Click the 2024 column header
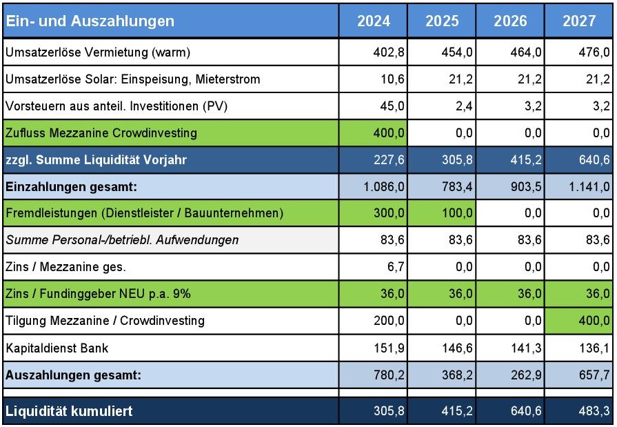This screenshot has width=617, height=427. pos(373,21)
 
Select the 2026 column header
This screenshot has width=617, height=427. pos(510,21)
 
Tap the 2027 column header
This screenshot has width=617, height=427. pos(578,21)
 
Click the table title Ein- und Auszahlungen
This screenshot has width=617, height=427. pos(90,21)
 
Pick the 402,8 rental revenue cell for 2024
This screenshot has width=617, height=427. pos(373,52)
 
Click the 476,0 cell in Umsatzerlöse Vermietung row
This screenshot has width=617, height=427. pos(578,52)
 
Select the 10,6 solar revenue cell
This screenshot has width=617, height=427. pos(373,79)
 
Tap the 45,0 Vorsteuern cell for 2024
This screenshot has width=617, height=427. pos(373,106)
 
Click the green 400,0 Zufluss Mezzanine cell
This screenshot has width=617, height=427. pos(373,133)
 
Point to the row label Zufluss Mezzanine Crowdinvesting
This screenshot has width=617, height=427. pos(101,133)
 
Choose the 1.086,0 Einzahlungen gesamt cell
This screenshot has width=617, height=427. pos(373,187)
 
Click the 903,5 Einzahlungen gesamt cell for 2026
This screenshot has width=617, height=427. pos(510,187)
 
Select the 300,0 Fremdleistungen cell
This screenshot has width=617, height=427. pos(373,213)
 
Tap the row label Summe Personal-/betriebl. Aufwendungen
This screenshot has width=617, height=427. pos(121,240)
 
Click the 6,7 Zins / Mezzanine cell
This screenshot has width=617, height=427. pos(373,267)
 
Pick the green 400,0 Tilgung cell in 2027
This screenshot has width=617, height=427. pos(578,321)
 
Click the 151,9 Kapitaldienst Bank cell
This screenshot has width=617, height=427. pos(373,348)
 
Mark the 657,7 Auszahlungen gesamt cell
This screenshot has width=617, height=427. pos(578,375)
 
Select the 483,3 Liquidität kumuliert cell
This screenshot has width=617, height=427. pos(578,411)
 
